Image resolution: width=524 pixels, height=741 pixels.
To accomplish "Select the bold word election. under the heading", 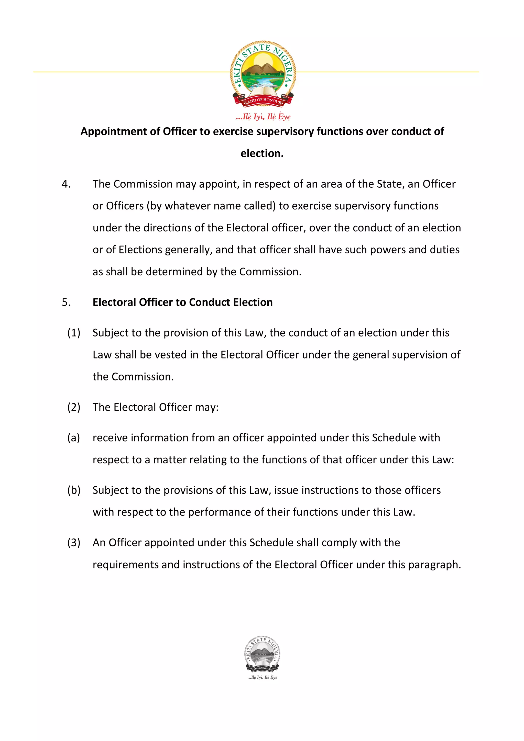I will (262, 154).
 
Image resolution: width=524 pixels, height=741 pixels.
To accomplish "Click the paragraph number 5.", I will (66, 302).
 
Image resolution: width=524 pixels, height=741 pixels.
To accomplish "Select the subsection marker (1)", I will (74, 333).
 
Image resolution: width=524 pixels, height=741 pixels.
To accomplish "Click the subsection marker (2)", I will (74, 407).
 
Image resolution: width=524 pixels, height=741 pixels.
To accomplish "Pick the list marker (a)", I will (74, 438).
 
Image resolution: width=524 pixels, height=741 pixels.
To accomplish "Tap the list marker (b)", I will (74, 490).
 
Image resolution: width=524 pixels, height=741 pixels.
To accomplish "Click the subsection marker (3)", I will (74, 543).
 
